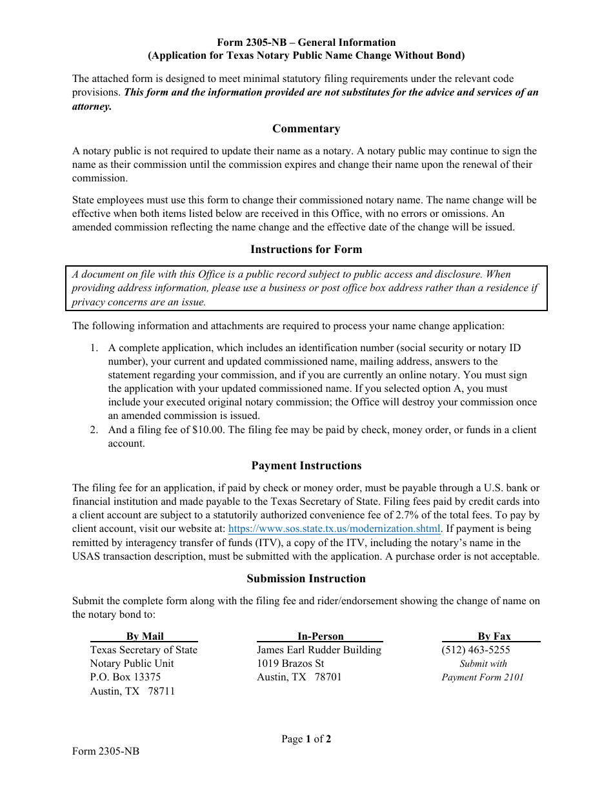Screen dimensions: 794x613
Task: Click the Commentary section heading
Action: [x=306, y=128]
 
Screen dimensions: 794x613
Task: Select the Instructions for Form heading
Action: [x=306, y=249]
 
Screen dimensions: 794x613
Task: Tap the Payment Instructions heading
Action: [x=306, y=465]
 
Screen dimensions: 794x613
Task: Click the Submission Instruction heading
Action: [x=306, y=578]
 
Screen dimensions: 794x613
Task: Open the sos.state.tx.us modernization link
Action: [x=334, y=529]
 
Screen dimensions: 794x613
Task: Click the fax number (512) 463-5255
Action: [x=476, y=650]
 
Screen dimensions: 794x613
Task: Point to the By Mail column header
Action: [x=145, y=636]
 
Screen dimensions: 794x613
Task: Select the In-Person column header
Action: [x=320, y=636]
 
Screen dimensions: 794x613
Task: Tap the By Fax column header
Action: [x=494, y=636]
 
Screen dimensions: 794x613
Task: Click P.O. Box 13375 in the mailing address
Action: [x=125, y=677]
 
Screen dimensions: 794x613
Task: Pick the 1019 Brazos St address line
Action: [x=290, y=664]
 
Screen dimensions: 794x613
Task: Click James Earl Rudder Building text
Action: [x=319, y=650]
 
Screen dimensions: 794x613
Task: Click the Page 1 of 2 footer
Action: [x=306, y=739]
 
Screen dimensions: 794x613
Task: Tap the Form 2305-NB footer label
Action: [x=105, y=751]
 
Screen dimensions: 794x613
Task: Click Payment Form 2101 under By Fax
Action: [x=483, y=677]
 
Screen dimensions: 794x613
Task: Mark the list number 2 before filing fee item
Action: [x=94, y=430]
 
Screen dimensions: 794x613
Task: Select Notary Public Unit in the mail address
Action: [x=132, y=664]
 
